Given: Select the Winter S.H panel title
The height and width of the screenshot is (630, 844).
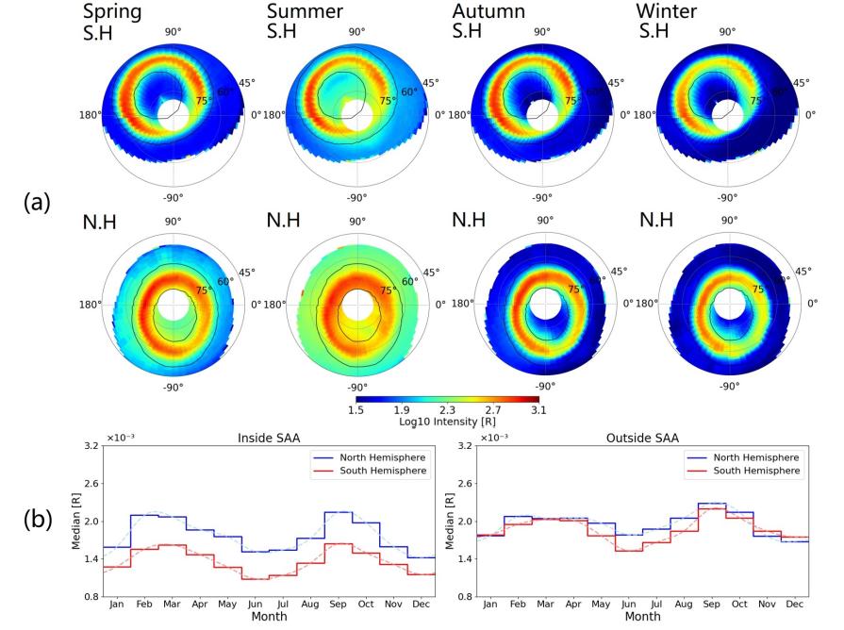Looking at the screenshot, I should click(667, 23).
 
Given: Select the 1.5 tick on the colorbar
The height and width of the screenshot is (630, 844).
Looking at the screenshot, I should click(357, 410).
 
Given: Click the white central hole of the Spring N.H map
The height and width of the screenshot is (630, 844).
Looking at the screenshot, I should click(173, 307).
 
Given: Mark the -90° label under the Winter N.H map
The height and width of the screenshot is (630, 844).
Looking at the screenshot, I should click(727, 388).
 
